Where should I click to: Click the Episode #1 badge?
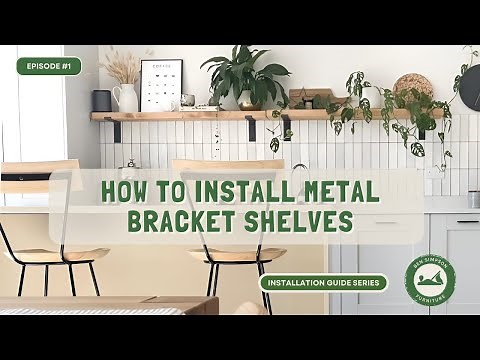(x=48, y=66)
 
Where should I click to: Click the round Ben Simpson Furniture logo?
(x=430, y=281)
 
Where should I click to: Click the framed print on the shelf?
(x=161, y=84)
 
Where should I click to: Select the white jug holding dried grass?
(x=126, y=98)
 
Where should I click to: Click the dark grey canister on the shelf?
(x=102, y=100)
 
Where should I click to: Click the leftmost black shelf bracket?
(x=115, y=130)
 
